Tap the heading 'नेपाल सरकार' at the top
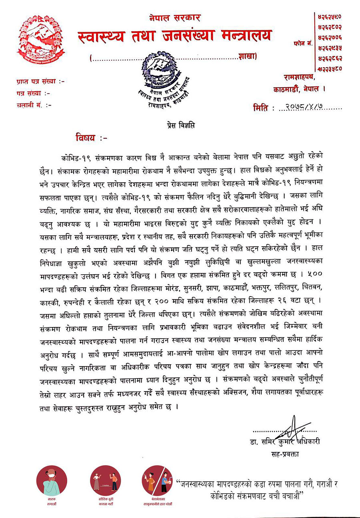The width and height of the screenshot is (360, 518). coord(175,18)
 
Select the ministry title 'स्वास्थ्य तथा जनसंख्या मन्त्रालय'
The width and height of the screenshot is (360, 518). coord(174,36)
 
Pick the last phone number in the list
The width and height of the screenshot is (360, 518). coord(330,68)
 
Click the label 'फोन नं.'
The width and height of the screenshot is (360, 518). coord(302,42)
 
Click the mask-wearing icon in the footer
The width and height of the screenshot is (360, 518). coord(51,480)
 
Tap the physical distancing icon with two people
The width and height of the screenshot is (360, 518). coord(106,480)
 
